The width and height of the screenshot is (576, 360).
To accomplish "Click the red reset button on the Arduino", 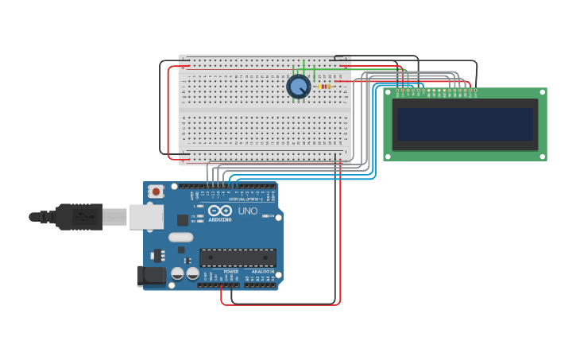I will pos(157,191).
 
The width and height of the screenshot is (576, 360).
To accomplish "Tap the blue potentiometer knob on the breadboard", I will pos(298,87).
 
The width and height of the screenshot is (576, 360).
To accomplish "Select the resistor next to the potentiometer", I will pos(324,86).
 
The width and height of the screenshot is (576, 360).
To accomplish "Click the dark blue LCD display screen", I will pos(465,124).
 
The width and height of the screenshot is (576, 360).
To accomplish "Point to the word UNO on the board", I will pos(247,211).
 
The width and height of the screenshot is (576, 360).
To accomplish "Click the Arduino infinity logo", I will pos(219,211).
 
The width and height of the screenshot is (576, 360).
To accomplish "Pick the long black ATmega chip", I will pos(238,257).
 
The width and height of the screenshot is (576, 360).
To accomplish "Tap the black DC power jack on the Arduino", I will pos(151,277).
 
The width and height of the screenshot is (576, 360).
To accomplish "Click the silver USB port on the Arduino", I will pos(146,217).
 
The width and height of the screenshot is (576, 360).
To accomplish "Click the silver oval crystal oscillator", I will pos(180,237).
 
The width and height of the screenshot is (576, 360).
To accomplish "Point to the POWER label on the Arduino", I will pos(230,272).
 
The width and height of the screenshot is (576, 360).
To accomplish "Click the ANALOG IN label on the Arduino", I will pos(263,272).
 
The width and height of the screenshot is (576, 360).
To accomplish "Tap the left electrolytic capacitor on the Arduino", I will pos(178,273).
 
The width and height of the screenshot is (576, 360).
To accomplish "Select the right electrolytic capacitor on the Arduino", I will pos(192,273).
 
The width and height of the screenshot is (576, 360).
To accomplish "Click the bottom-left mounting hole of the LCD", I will pos(388,157).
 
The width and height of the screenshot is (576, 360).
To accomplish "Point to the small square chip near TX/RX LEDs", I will pos(183,220).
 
